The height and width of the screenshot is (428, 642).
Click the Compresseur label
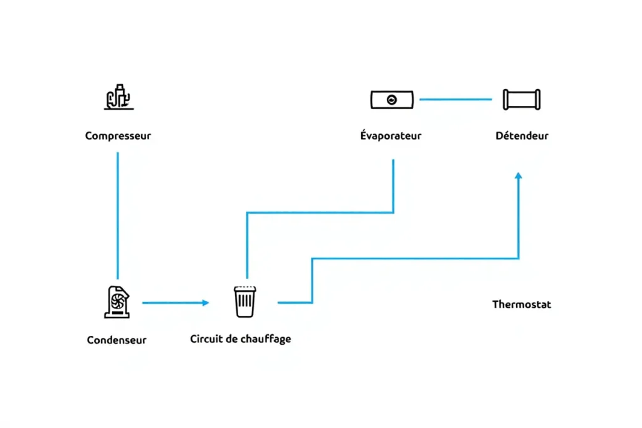118,135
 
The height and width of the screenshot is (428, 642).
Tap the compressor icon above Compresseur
118,97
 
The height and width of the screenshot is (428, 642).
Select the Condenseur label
117,340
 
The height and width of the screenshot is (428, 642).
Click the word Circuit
205,339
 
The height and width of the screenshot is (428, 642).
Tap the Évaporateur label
391,135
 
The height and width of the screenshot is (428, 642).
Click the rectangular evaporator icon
392,100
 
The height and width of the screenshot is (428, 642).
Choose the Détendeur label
522,135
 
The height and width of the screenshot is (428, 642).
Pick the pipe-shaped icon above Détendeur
522,100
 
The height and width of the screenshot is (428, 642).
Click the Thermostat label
522,305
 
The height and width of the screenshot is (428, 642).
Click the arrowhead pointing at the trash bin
206,303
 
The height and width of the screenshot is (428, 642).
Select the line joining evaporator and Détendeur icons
456,99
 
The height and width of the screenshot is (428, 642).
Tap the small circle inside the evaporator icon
392,100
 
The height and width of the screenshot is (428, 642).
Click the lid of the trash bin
245,289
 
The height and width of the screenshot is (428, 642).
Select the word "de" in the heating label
230,339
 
